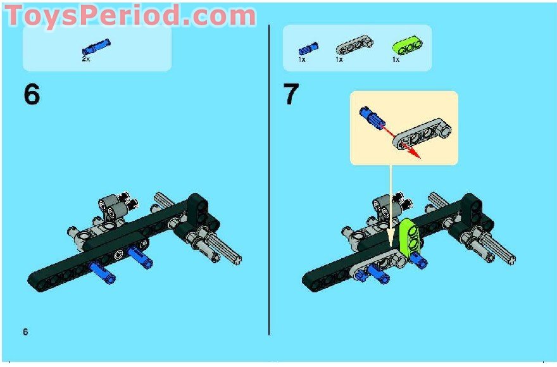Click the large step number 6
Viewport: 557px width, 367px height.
pyautogui.click(x=32, y=95)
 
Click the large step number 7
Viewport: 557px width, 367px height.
pyautogui.click(x=291, y=95)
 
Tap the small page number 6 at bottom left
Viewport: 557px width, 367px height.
pyautogui.click(x=25, y=332)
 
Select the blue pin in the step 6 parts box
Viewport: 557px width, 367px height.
pyautogui.click(x=96, y=46)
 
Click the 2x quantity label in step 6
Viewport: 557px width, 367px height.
pyautogui.click(x=87, y=58)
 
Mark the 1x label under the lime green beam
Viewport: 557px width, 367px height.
pyautogui.click(x=396, y=59)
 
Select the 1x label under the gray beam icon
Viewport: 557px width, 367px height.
pyautogui.click(x=339, y=59)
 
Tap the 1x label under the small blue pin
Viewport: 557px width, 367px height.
pyautogui.click(x=302, y=59)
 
